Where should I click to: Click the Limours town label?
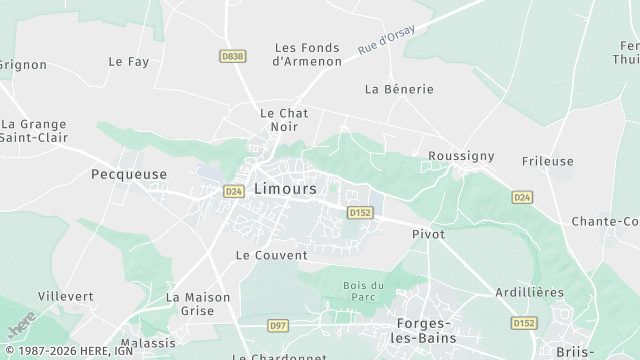click(x=285, y=188)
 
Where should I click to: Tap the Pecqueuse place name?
click(x=128, y=173)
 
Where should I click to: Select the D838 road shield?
click(x=233, y=57)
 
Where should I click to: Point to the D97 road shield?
click(x=278, y=325)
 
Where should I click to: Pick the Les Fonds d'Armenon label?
click(x=307, y=54)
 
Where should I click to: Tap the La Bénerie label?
click(x=399, y=89)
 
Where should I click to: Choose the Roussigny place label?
click(x=461, y=156)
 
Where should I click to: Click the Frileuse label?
click(x=548, y=160)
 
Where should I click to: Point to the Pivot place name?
click(x=428, y=233)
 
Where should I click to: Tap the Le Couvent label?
click(x=271, y=255)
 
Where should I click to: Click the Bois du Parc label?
click(x=363, y=292)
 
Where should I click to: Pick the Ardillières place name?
click(x=529, y=292)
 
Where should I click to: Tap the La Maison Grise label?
click(x=198, y=304)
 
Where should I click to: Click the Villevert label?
click(x=66, y=296)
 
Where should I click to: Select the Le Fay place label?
click(x=128, y=61)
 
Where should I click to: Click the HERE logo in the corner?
click(x=21, y=327)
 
